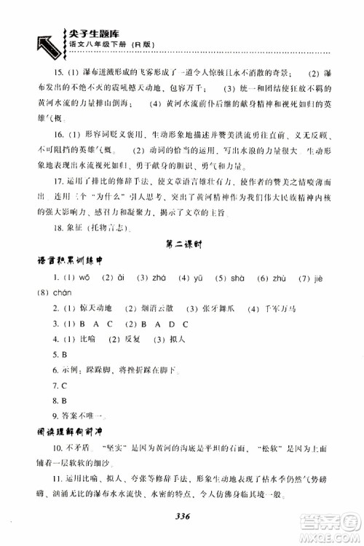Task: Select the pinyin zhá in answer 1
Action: [159, 297]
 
